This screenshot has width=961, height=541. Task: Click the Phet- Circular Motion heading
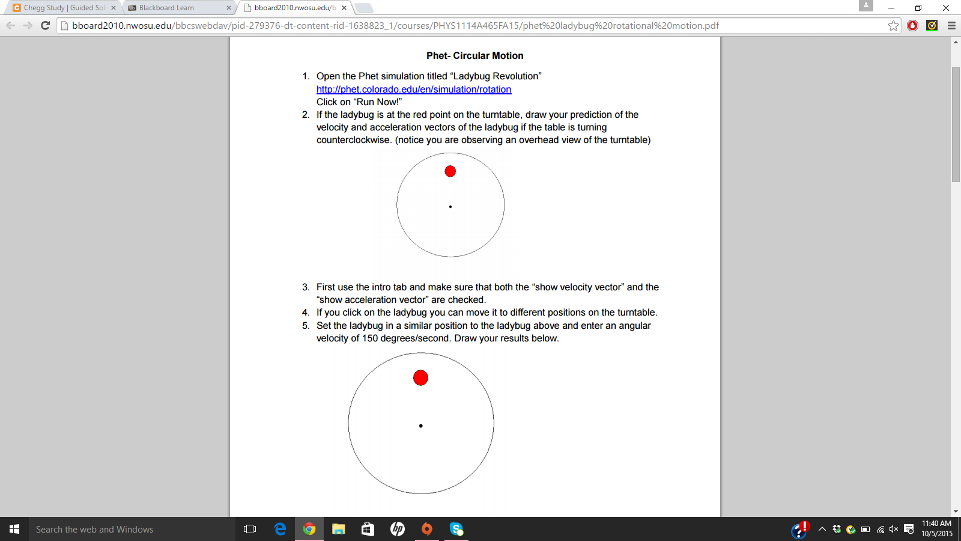tap(474, 56)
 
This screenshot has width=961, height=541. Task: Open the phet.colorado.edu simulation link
tap(414, 90)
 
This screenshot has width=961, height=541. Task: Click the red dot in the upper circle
tap(450, 171)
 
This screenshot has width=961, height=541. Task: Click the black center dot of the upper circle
tap(450, 207)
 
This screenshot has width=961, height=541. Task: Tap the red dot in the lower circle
tap(420, 377)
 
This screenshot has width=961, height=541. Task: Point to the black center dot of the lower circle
tap(420, 426)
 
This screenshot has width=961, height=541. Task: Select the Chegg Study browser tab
tap(60, 8)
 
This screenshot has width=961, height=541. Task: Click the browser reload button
tap(45, 25)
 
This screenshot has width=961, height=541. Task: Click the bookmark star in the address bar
tap(893, 25)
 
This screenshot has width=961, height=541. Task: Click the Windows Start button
tap(14, 529)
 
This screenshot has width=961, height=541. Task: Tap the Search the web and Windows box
tap(120, 529)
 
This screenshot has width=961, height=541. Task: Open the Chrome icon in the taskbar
tap(309, 529)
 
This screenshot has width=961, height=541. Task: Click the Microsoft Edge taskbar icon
tap(280, 529)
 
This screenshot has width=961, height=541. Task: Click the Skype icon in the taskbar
tap(456, 529)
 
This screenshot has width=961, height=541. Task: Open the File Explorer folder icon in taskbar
tap(339, 529)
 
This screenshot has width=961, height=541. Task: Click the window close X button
tap(945, 8)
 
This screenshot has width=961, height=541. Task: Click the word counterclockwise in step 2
tap(353, 140)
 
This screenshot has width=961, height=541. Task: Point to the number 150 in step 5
tap(370, 338)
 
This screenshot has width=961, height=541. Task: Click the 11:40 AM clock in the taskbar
tap(936, 524)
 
